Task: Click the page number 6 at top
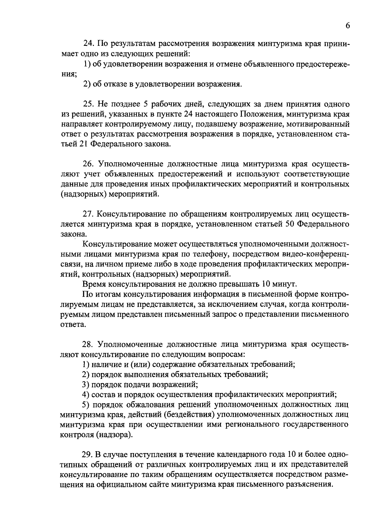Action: point(348,26)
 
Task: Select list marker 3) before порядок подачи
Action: point(86,385)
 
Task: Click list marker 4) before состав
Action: point(86,395)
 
